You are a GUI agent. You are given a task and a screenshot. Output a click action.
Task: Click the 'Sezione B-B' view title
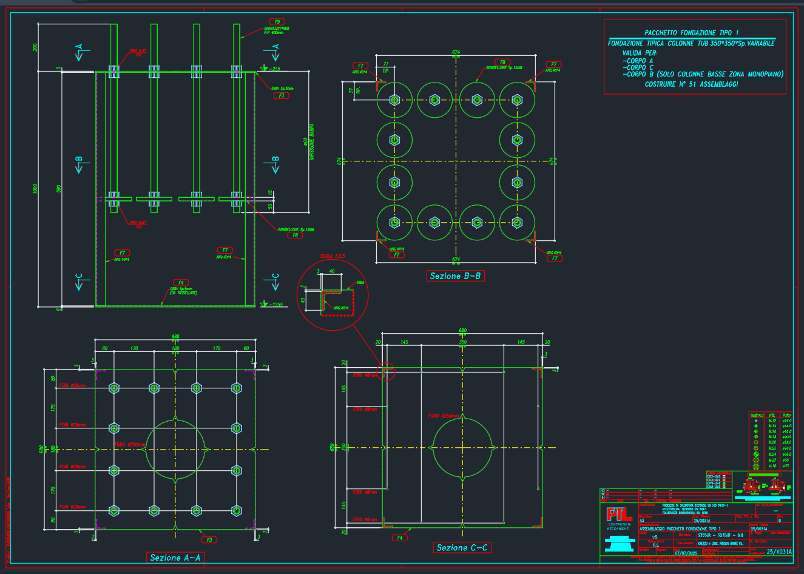pos(455,276)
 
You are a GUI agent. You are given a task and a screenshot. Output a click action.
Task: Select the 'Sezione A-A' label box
pos(175,558)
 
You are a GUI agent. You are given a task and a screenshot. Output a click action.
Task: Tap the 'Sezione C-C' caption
pos(462,548)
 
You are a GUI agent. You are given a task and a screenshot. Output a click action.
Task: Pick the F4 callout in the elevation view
pos(180,283)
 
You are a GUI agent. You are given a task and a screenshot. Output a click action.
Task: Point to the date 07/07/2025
pos(684,553)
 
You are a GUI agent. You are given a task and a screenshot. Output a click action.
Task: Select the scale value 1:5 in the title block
pos(655,537)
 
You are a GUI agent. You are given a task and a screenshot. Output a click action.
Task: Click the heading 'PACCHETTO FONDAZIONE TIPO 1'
pos(691,33)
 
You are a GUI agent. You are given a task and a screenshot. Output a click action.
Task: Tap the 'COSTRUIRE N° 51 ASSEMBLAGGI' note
pos(691,84)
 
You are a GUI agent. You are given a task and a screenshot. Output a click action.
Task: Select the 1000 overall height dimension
pos(36,188)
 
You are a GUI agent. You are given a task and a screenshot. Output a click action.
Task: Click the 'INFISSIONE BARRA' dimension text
pos(312,143)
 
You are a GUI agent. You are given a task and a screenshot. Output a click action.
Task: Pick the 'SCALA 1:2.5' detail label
pos(333,257)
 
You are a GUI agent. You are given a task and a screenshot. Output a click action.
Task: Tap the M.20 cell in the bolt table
pos(772,442)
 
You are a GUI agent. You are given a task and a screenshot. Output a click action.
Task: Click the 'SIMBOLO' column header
pos(757,415)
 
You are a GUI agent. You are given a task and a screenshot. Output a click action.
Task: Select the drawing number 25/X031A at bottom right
pos(779,552)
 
